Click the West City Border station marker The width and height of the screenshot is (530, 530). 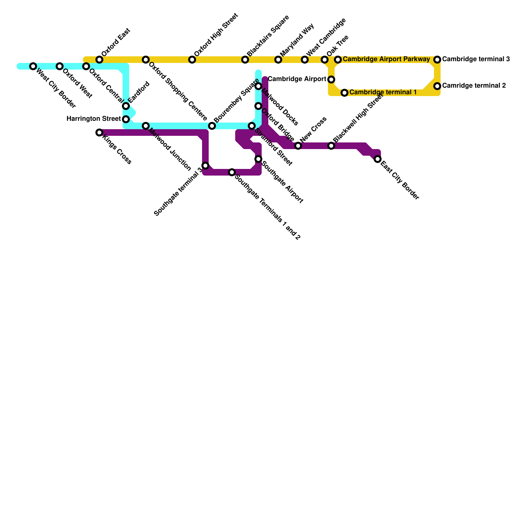click(x=33, y=66)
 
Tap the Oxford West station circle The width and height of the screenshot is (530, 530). click(x=59, y=66)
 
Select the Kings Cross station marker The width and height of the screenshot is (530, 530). click(x=99, y=132)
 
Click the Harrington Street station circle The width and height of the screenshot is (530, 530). click(x=126, y=119)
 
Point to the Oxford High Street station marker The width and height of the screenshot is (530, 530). click(x=192, y=60)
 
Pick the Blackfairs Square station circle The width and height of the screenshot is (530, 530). click(x=245, y=60)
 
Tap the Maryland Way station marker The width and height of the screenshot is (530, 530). click(x=278, y=60)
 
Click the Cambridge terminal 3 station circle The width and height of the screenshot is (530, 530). click(x=437, y=60)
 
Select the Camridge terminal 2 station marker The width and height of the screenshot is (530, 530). click(x=437, y=86)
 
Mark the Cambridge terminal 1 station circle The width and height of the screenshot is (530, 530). click(x=344, y=93)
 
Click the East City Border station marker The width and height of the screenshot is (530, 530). click(x=378, y=159)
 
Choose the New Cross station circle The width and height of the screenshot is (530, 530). click(x=298, y=146)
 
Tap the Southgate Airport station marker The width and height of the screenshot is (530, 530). click(x=258, y=159)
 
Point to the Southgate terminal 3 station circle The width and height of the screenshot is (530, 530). click(x=205, y=166)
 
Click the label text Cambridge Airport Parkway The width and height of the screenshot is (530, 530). click(x=386, y=59)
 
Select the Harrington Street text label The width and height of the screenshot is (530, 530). click(x=93, y=119)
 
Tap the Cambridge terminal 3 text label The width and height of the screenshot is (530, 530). click(x=476, y=59)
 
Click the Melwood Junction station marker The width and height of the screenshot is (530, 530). click(x=146, y=126)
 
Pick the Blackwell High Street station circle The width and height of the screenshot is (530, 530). click(x=331, y=146)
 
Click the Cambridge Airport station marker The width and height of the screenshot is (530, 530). click(x=331, y=79)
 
